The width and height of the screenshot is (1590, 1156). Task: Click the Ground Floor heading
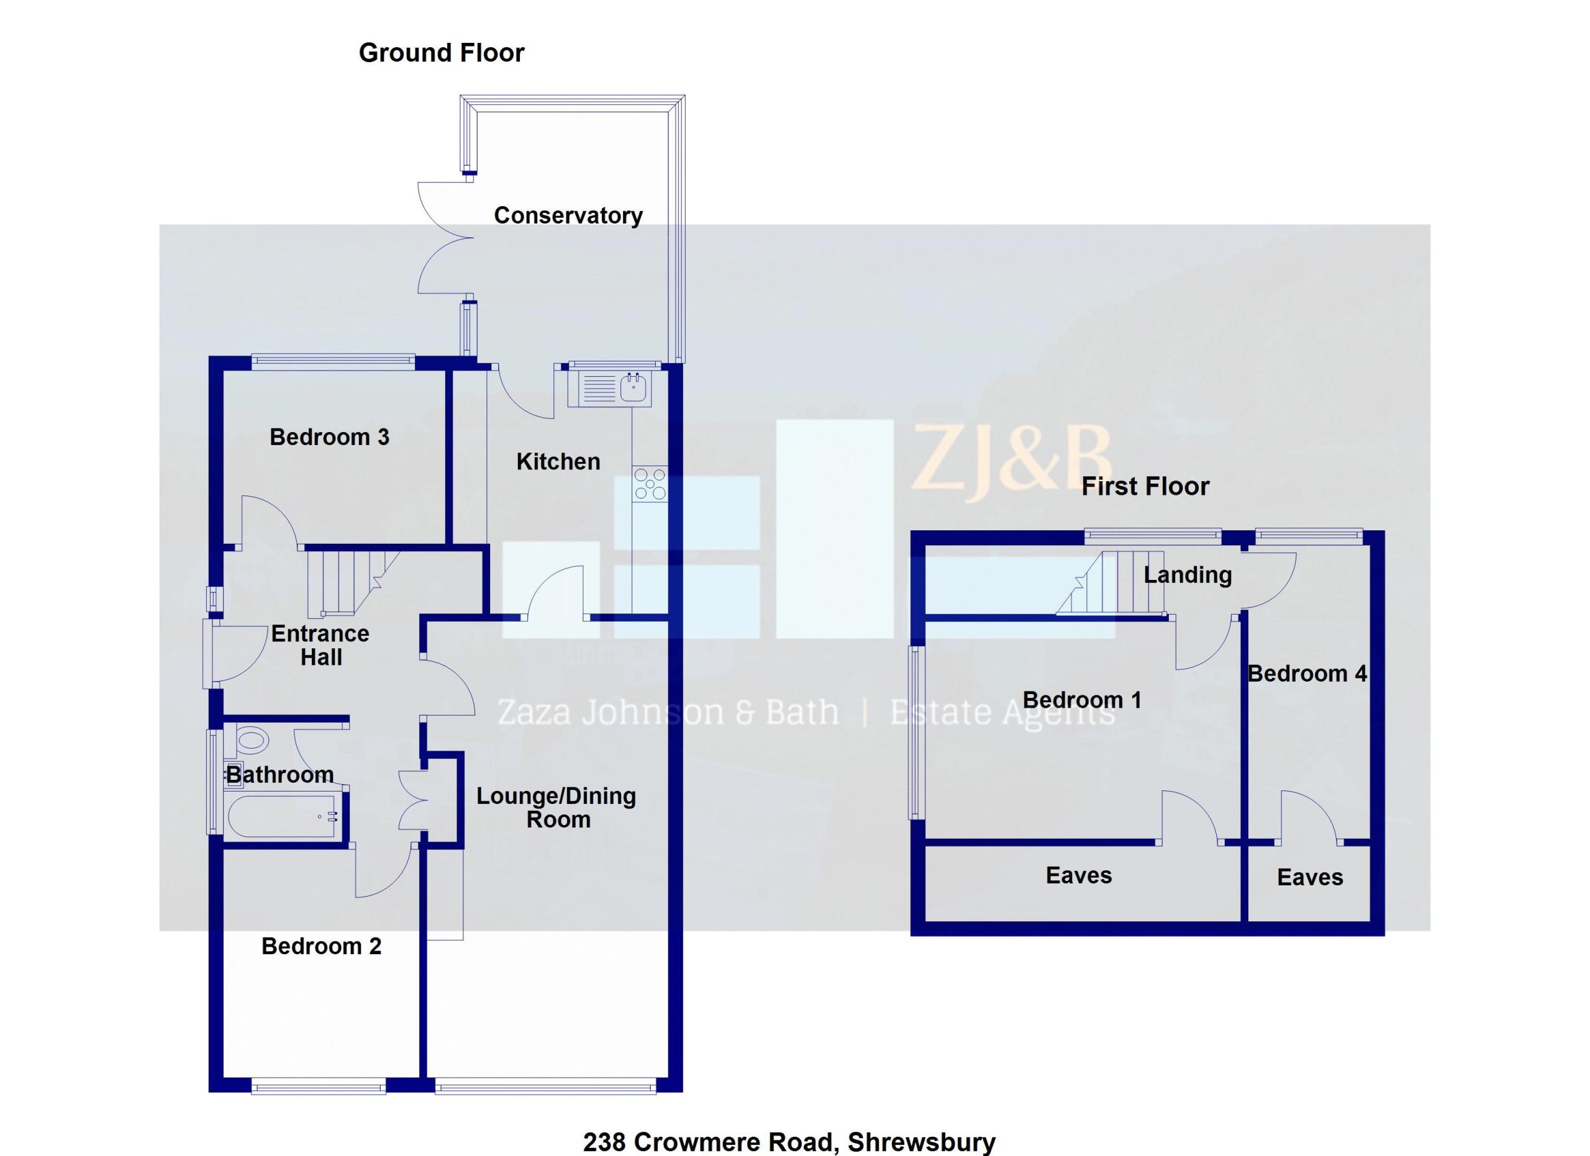[441, 53]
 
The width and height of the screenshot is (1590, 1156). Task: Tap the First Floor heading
[1145, 487]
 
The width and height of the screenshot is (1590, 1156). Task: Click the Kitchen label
[558, 462]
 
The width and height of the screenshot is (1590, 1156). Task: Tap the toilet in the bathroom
[252, 740]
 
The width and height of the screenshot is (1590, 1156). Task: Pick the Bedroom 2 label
[321, 947]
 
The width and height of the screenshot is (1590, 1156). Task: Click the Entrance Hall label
[320, 645]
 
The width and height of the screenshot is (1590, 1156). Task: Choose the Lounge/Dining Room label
[556, 808]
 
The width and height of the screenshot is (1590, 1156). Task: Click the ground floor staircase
[347, 583]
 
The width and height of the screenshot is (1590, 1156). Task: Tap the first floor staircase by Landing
[1111, 583]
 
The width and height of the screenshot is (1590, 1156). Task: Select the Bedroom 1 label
[1082, 700]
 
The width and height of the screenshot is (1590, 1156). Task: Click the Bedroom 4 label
[1307, 674]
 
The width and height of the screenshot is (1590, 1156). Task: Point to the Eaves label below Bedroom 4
[1310, 878]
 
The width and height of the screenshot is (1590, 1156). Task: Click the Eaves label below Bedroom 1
[1078, 876]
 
